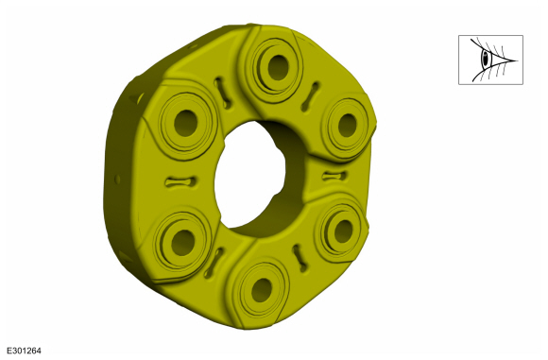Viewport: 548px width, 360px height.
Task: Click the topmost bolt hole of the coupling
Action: pos(278,67)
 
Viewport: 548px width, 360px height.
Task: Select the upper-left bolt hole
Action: pos(185,123)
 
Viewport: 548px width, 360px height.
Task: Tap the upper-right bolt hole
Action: pos(348,125)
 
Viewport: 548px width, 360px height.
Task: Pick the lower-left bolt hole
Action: pos(183,243)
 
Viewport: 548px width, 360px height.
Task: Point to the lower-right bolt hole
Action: pos(343,231)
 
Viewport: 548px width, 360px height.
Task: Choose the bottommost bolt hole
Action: pos(262,290)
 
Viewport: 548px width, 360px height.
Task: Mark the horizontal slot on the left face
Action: pos(180,181)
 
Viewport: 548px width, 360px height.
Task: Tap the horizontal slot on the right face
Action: pos(334,176)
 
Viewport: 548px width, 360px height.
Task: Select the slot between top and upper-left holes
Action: pos(223,93)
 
